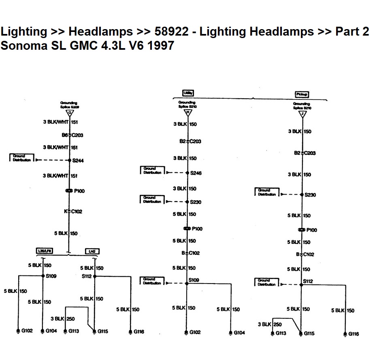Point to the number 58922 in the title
pyautogui.click(x=170, y=31)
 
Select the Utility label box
pyautogui.click(x=187, y=93)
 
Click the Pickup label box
pyautogui.click(x=302, y=94)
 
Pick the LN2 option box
pyautogui.click(x=92, y=251)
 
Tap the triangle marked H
pyautogui.click(x=187, y=112)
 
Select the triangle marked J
pyautogui.click(x=302, y=114)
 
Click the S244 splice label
pyautogui.click(x=78, y=161)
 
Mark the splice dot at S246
pyautogui.click(x=187, y=173)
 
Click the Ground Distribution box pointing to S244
pyautogui.click(x=21, y=158)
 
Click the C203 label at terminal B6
pyautogui.click(x=77, y=135)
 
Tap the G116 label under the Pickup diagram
pyautogui.click(x=353, y=334)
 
